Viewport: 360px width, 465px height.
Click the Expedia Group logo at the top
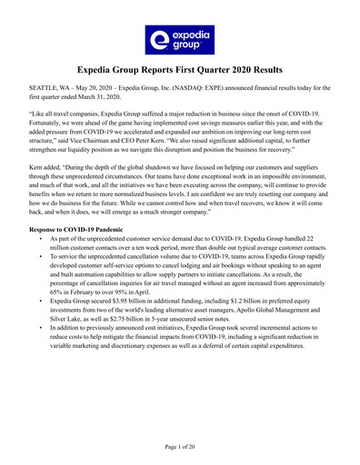click(x=179, y=37)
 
